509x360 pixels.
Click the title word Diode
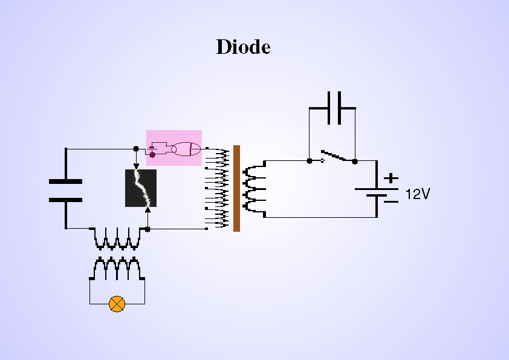tap(243, 47)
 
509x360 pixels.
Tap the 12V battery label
tap(418, 194)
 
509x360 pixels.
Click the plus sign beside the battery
tap(391, 178)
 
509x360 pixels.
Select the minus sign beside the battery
tap(391, 201)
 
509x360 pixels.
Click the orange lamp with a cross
tap(117, 303)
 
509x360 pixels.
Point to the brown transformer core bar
tap(236, 188)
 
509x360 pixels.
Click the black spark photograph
tap(141, 188)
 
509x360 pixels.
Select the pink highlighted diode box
tap(174, 148)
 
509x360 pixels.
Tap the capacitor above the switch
tap(332, 108)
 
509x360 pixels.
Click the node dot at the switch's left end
tap(310, 161)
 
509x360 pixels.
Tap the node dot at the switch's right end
tap(355, 161)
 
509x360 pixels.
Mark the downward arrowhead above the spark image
tap(136, 165)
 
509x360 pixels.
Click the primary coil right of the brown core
tap(254, 188)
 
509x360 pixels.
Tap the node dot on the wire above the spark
tap(136, 148)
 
